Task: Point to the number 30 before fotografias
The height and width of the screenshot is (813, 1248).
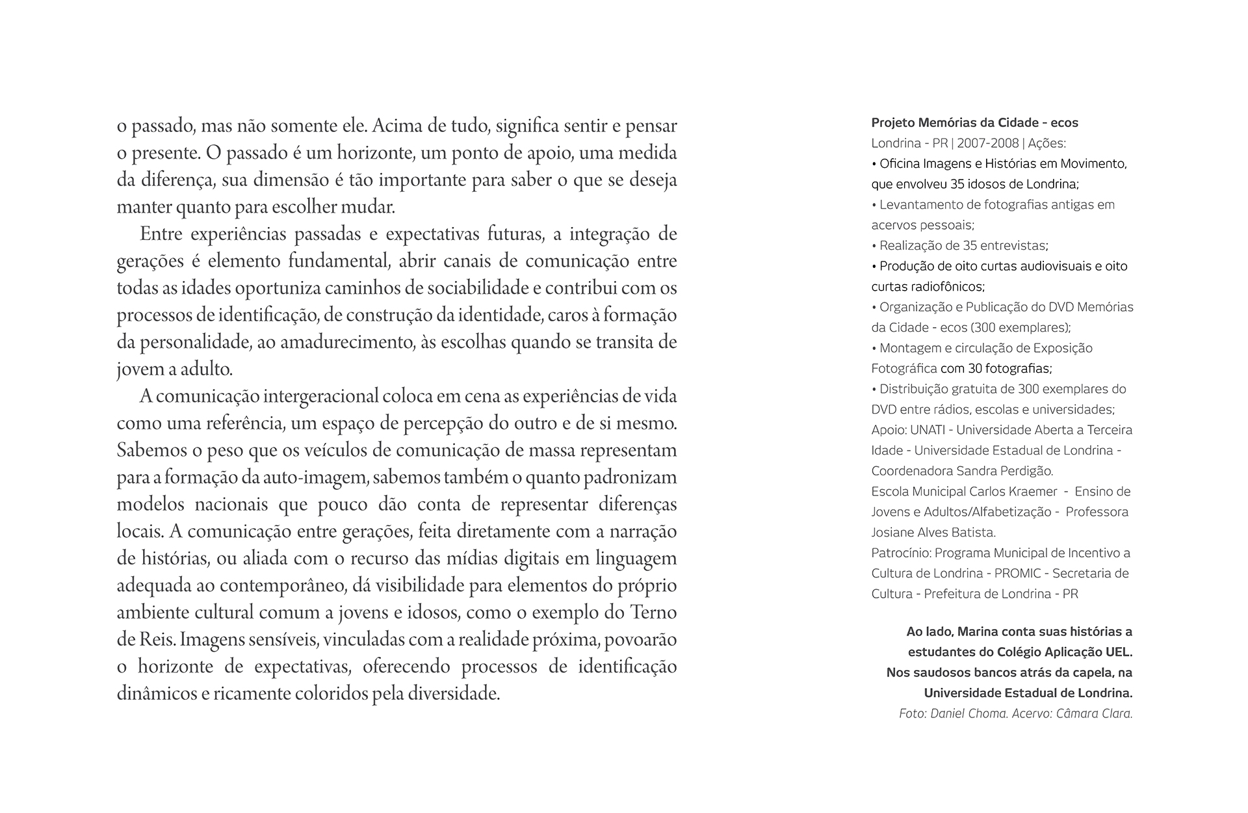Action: [x=975, y=369]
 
